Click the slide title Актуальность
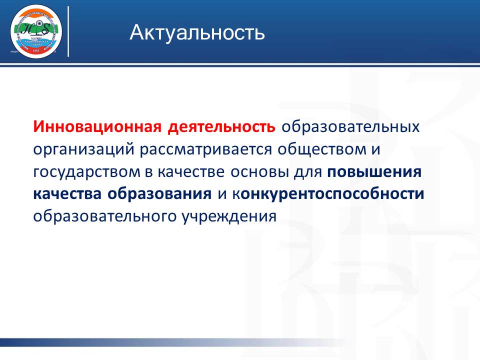pos(197,32)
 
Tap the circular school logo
pos(36,31)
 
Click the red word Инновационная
pos(97,127)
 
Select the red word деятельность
pos(221,127)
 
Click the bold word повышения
pos(374,172)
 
